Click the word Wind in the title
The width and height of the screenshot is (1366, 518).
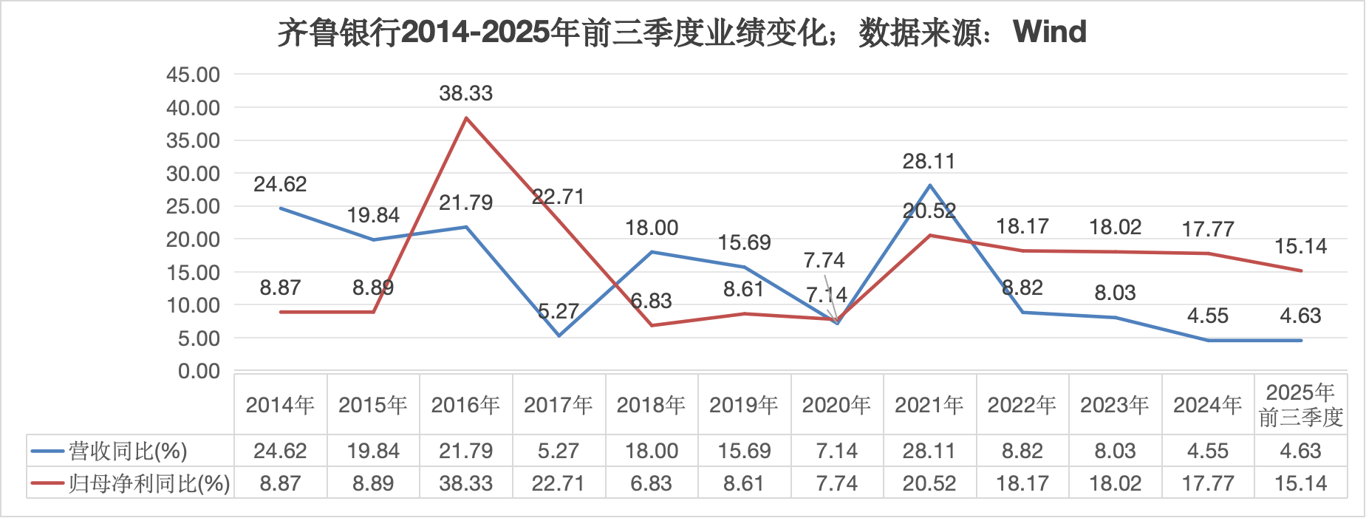1049,32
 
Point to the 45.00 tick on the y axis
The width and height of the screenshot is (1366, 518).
193,75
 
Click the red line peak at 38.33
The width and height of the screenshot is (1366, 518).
466,117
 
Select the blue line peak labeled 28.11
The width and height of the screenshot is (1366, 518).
929,185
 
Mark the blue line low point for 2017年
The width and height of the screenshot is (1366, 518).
559,335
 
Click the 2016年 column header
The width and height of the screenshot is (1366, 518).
465,405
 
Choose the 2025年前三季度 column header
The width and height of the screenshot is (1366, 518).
1300,405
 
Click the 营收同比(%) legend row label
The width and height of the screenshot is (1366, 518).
128,451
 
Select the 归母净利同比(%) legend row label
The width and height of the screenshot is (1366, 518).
148,483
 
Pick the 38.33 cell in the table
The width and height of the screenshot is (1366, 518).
465,483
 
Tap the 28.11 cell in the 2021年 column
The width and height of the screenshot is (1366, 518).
929,451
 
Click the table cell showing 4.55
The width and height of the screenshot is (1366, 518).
1207,451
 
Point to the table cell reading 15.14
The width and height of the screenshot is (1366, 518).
1300,483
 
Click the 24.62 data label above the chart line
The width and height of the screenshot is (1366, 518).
280,184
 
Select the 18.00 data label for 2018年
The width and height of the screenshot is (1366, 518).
652,228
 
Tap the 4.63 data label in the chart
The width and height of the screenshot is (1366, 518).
1300,316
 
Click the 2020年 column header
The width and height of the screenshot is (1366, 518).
836,405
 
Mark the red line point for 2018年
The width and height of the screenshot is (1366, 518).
652,325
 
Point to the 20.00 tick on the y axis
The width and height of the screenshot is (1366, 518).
193,239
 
